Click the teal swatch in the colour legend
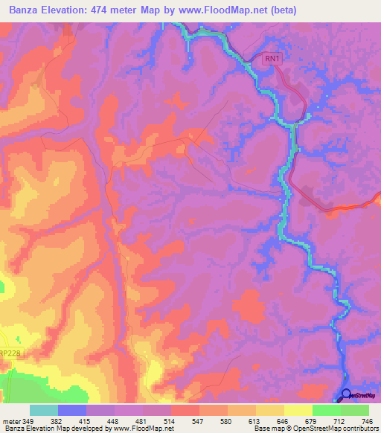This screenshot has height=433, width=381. point(44,411)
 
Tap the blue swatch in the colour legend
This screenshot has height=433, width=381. point(72,411)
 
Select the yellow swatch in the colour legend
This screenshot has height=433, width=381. point(298,411)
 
